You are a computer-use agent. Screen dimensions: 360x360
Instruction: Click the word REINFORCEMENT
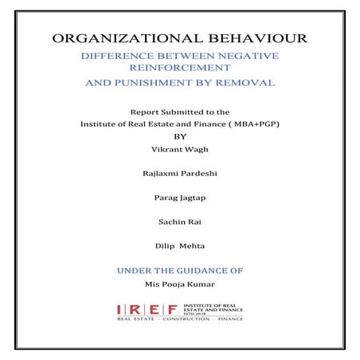179,68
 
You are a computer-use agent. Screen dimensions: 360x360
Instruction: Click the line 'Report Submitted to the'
178,112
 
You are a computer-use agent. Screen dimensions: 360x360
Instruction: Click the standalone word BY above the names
178,136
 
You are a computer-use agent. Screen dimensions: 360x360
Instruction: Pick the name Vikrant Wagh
178,148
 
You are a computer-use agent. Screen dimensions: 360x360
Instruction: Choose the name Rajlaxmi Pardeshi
178,173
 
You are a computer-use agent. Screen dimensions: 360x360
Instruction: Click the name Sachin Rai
178,221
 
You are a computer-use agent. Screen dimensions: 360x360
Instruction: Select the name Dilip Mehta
178,245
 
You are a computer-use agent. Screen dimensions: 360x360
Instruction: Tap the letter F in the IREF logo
188,309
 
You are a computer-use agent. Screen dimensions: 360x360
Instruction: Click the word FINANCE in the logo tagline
231,321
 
